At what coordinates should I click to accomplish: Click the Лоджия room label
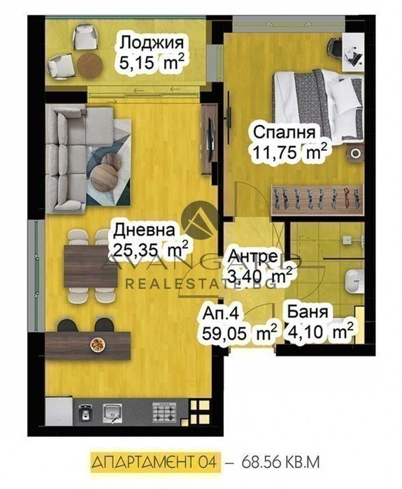coord(152,43)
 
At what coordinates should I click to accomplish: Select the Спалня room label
coord(284,132)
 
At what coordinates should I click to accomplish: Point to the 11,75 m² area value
coord(290,152)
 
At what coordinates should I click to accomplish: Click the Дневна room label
coord(144,231)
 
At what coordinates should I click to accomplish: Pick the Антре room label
coord(253,256)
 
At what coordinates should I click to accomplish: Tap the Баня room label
coord(308,312)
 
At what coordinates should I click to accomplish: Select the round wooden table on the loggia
coord(90,65)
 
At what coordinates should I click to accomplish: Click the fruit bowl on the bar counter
coord(97,344)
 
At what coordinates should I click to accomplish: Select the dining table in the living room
coord(91,266)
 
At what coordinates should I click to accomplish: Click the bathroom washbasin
coord(355,282)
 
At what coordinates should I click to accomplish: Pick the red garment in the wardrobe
coord(346,198)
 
